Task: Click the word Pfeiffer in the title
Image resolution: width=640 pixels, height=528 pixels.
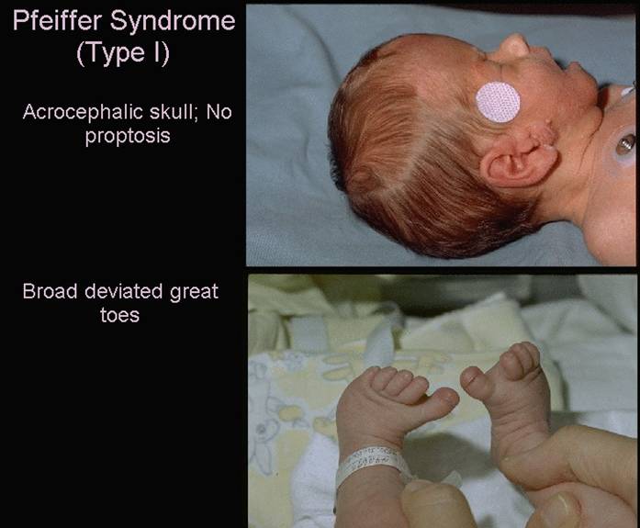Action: (x=57, y=20)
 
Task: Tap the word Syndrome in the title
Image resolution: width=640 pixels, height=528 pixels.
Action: (x=173, y=22)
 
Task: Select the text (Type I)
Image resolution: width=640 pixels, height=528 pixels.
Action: (x=123, y=53)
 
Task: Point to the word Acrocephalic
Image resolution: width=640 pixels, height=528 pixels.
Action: (x=83, y=113)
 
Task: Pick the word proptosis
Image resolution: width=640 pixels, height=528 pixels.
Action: (x=128, y=137)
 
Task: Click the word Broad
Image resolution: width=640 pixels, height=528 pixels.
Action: (x=50, y=291)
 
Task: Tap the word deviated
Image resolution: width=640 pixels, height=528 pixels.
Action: (x=124, y=291)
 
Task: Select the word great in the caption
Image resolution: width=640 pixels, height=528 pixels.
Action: (x=195, y=293)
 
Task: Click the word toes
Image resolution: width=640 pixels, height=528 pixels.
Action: (x=119, y=315)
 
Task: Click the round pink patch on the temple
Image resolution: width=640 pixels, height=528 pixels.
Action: (x=498, y=102)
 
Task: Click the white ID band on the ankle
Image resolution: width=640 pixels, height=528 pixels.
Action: (x=372, y=463)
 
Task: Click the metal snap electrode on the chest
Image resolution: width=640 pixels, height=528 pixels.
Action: (x=625, y=144)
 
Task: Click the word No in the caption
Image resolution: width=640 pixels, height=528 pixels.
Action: (x=219, y=112)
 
